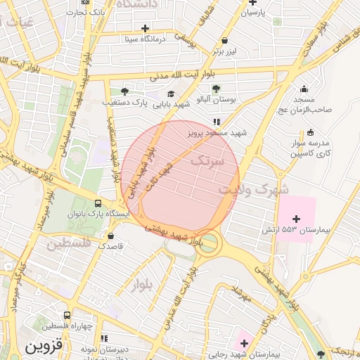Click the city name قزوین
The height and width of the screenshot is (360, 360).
pos(44,346)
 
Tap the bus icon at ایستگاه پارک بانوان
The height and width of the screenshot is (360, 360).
pos(97,204)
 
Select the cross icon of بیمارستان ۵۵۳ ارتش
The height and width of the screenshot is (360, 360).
pos(296,219)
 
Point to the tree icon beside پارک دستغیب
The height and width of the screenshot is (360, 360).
pos(124,91)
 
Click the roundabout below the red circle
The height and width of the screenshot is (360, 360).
pos(210,244)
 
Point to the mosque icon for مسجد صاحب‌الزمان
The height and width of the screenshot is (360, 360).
pos(303,89)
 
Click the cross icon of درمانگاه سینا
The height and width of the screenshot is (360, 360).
pos(145,29)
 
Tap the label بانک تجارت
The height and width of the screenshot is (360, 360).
pos(91,12)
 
